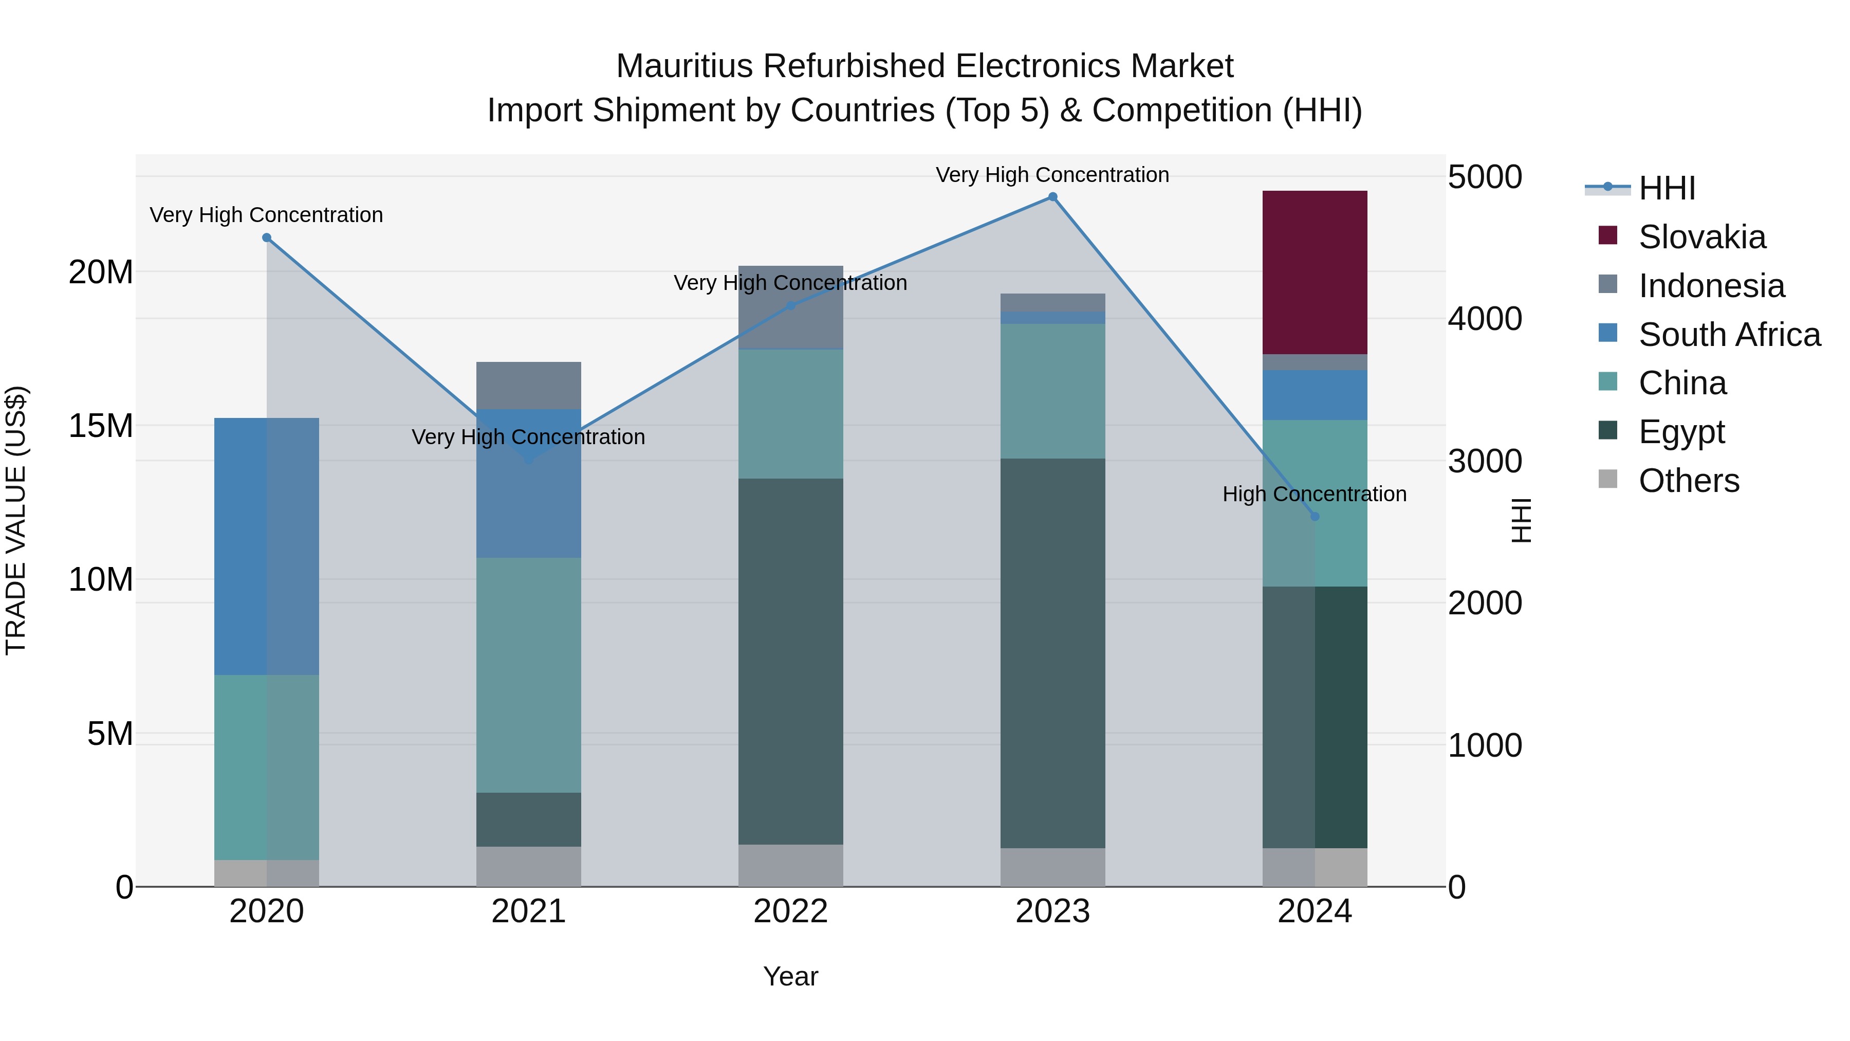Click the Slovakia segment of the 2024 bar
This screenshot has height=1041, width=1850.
[x=1314, y=272]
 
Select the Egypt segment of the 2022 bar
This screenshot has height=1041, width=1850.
[x=790, y=661]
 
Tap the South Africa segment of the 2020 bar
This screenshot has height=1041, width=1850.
[x=266, y=546]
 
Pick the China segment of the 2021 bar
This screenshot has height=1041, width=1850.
[x=529, y=675]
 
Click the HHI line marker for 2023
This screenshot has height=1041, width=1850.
[x=1052, y=197]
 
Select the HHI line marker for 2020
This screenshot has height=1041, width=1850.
[x=266, y=238]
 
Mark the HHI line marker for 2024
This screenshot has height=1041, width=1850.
[x=1314, y=517]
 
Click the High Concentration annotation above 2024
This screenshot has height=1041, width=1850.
[x=1314, y=494]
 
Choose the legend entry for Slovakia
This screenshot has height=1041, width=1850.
[x=1702, y=237]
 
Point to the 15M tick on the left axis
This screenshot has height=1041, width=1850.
[x=101, y=426]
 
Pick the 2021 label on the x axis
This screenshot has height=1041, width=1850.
[x=529, y=911]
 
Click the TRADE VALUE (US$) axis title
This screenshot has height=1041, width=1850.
[x=16, y=520]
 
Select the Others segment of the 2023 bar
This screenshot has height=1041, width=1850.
[x=1052, y=867]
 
